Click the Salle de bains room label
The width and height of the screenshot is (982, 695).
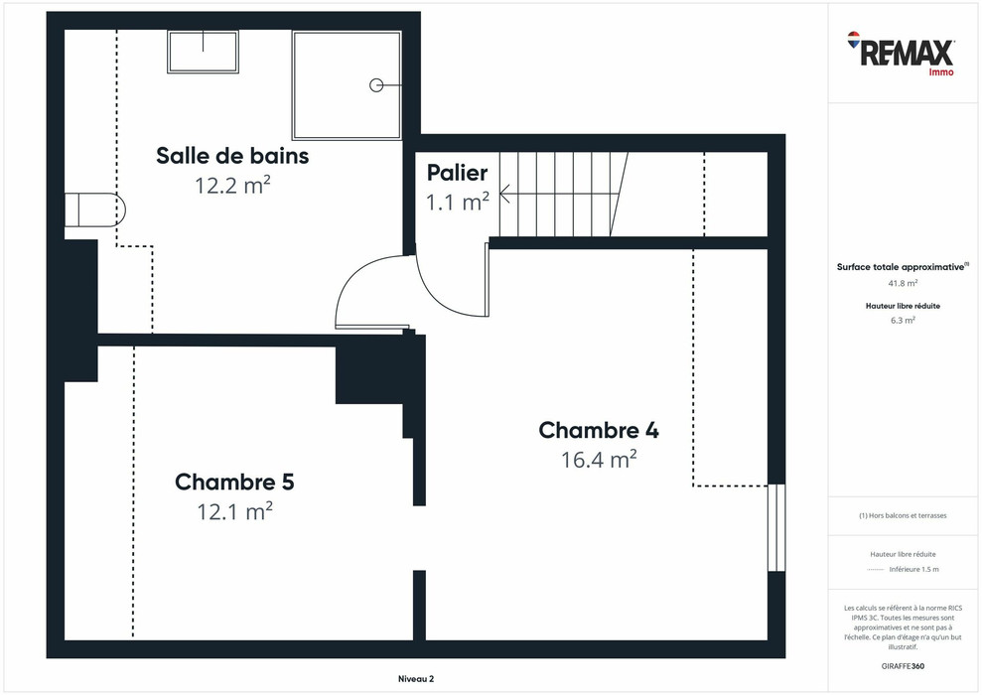232,156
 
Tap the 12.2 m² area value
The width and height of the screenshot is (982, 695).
232,185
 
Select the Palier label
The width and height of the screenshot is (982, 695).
457,173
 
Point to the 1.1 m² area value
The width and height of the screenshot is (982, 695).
457,203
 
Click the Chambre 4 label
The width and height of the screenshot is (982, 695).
598,430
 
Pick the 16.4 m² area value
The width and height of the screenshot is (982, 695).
598,460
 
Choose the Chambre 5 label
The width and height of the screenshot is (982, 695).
234,482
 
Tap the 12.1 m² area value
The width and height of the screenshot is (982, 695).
234,511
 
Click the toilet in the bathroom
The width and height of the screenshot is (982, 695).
95,210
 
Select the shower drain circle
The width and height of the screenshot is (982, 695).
376,85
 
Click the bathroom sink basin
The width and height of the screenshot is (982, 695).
204,51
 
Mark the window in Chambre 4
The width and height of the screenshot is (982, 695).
776,527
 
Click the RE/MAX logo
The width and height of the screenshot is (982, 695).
902,53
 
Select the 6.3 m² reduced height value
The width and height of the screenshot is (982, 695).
902,321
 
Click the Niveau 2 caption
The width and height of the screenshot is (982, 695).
409,679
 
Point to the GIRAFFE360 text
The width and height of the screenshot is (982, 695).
902,665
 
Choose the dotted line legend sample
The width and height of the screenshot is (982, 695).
875,570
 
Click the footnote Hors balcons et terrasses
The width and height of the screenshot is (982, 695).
902,515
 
